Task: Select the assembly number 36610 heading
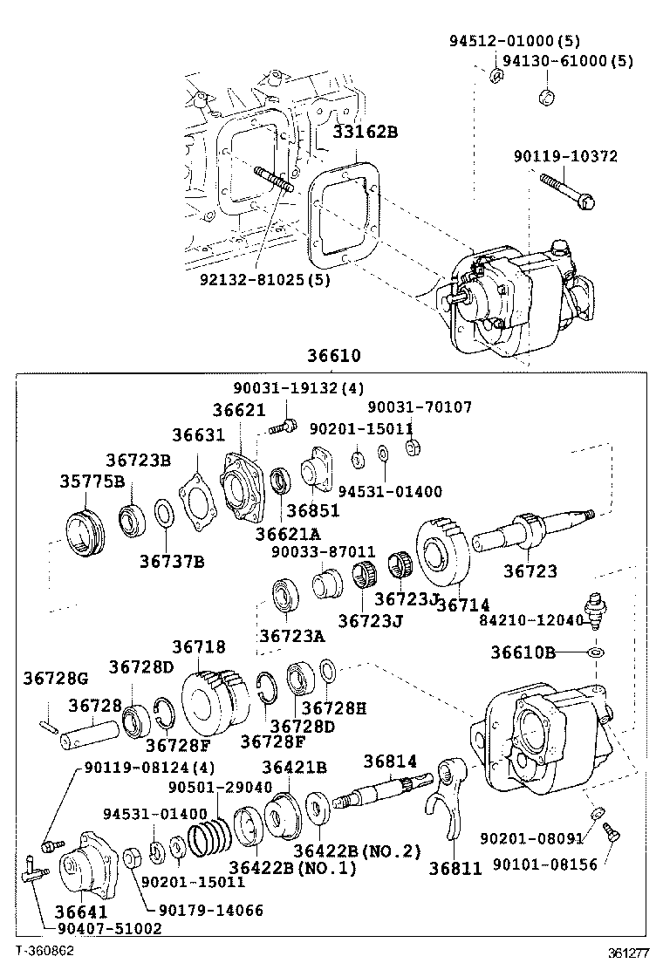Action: (332, 357)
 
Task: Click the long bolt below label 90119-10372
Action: (567, 192)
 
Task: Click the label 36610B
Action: (523, 652)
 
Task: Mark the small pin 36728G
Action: (50, 722)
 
